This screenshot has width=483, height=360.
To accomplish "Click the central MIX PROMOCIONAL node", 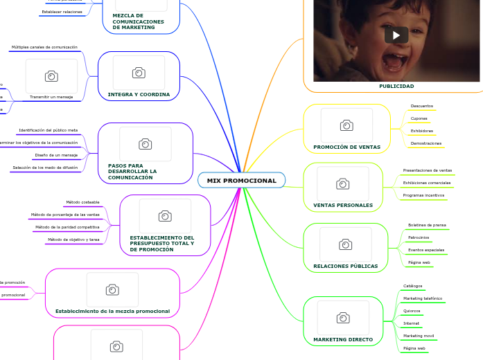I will [x=241, y=181].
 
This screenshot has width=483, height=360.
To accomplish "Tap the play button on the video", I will [x=396, y=35].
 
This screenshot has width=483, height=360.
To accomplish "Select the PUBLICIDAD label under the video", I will [x=396, y=87].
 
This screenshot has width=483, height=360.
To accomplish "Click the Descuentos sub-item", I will [x=421, y=106].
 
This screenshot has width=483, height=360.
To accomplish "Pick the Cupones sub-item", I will [x=419, y=118].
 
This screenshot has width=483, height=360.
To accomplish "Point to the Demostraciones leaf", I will [x=425, y=143].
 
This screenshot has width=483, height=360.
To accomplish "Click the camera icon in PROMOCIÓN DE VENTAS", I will [x=346, y=125].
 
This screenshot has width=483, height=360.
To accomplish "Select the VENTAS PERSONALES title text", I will [x=343, y=206].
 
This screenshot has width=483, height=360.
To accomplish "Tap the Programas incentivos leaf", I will [x=423, y=195].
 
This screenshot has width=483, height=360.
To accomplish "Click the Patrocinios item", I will [x=419, y=237].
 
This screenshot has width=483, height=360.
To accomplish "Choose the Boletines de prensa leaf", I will [x=427, y=225].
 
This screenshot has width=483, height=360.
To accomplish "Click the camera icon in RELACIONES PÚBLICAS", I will [x=345, y=244].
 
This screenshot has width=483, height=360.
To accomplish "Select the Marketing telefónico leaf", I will [x=423, y=298].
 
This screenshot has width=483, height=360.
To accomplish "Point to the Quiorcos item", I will [x=412, y=311].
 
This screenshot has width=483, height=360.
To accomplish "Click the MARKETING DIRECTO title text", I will [x=343, y=340].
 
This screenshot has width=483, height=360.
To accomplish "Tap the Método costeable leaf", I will [x=82, y=202].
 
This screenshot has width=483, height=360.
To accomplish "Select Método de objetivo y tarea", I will [x=73, y=240].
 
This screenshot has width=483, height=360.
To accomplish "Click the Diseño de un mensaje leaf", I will [x=56, y=155].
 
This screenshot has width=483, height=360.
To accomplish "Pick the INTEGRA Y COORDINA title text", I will [x=139, y=94].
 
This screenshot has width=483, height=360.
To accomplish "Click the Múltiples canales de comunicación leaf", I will [x=44, y=47].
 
